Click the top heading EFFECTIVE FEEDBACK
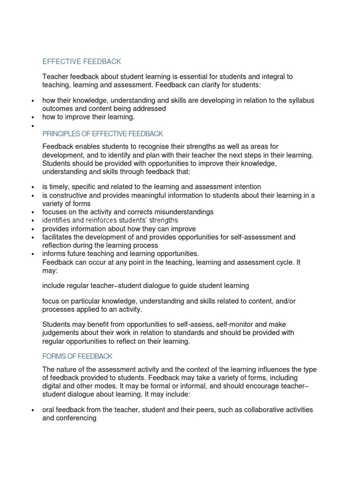click(x=82, y=61)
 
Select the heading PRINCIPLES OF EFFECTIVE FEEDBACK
click(x=103, y=134)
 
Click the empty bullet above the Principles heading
click(x=32, y=126)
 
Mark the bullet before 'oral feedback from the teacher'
click(x=32, y=411)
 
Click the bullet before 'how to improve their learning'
click(x=32, y=117)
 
